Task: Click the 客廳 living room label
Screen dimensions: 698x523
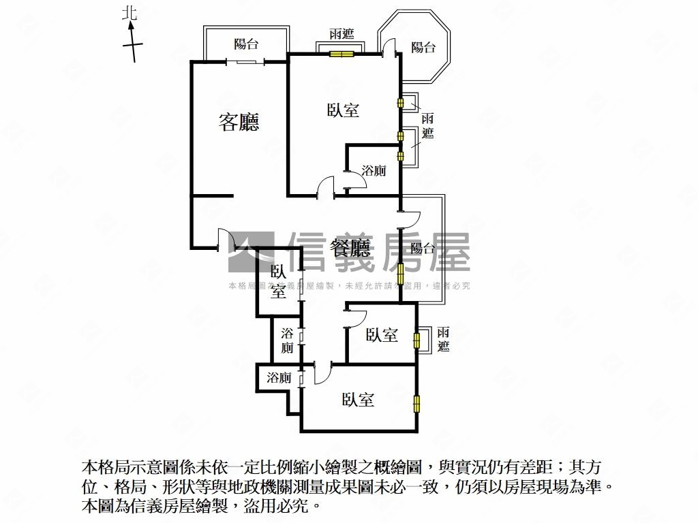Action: [239, 122]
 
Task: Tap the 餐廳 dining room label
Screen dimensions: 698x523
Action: [350, 248]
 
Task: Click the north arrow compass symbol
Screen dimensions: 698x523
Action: [132, 43]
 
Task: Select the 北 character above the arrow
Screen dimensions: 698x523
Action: [130, 14]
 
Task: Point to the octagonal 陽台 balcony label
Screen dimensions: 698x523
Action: [423, 47]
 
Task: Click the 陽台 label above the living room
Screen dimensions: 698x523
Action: [246, 44]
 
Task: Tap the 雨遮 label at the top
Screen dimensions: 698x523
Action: [342, 34]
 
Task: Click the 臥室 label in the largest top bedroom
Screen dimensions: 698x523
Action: [343, 110]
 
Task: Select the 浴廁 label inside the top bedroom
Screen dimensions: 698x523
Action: [374, 170]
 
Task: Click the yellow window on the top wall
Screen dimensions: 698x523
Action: [342, 54]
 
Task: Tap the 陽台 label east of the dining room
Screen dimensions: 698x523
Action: [422, 248]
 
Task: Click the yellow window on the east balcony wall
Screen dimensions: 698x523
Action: [400, 274]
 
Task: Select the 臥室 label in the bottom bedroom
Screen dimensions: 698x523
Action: [358, 399]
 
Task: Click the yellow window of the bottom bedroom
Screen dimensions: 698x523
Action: [416, 404]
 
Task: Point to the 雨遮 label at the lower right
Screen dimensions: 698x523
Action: [443, 339]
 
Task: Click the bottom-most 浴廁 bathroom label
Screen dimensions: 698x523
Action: [279, 377]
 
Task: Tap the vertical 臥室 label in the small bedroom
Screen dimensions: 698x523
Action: [278, 282]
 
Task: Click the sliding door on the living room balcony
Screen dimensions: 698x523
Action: [245, 62]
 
